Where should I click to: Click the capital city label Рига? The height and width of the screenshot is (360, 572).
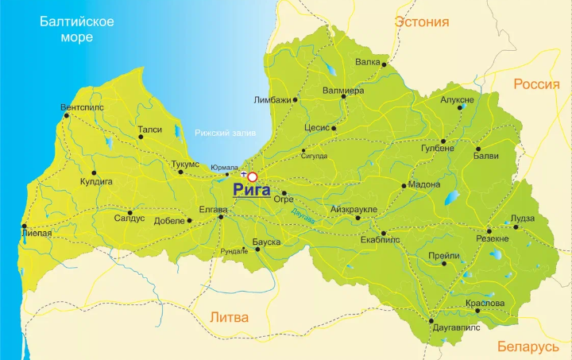pyautogui.click(x=251, y=191)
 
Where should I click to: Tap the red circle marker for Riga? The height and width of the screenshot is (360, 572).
pyautogui.click(x=253, y=176)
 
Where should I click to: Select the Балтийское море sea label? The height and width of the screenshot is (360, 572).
pyautogui.click(x=77, y=29)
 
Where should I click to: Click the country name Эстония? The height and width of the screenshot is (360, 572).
pyautogui.click(x=422, y=22)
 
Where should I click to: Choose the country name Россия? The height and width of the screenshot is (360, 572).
pyautogui.click(x=536, y=84)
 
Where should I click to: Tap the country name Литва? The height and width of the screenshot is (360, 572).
pyautogui.click(x=229, y=317)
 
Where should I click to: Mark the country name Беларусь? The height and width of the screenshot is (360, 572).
pyautogui.click(x=528, y=346)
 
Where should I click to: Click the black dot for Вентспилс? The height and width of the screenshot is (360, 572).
pyautogui.click(x=67, y=116)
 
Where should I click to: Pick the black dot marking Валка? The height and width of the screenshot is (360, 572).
pyautogui.click(x=384, y=64)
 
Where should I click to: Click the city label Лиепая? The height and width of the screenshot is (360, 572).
pyautogui.click(x=37, y=234)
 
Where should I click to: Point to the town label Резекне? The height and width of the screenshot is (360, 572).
pyautogui.click(x=492, y=238)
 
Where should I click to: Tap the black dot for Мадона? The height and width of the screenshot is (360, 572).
pyautogui.click(x=404, y=186)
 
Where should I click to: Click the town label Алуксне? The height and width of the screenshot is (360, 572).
pyautogui.click(x=457, y=100)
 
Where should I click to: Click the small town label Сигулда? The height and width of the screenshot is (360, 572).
pyautogui.click(x=314, y=156)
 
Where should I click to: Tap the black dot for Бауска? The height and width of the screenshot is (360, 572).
pyautogui.click(x=258, y=250)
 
